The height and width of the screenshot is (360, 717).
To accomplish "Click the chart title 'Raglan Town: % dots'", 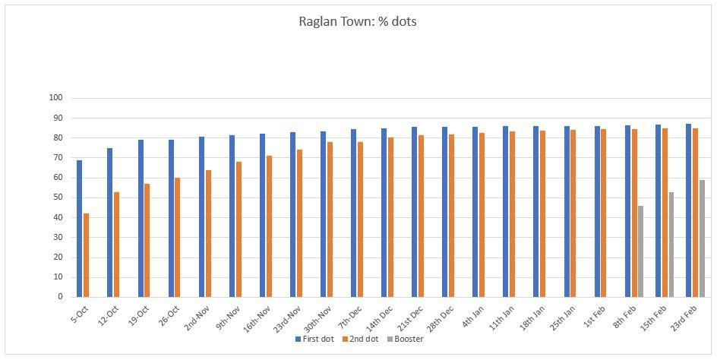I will pos(358,21).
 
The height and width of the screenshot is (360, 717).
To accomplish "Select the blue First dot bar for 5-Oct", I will pos(80,228).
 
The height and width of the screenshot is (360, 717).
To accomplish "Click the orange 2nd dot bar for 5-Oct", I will pos(87,255).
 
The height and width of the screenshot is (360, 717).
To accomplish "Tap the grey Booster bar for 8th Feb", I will pos(640,251).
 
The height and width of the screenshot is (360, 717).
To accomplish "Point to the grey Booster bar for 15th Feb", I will pos(671,244).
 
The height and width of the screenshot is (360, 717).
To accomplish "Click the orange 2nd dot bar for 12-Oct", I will pos(117,244).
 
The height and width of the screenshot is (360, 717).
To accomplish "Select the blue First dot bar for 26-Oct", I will pos(171,218).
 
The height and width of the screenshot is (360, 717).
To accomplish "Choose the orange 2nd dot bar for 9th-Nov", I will pos(238,229).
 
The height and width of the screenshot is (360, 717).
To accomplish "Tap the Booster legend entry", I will pos(407,339).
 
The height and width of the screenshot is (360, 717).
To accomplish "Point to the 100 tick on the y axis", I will pos(55,98).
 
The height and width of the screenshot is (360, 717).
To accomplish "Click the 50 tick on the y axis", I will pos(58,197).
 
